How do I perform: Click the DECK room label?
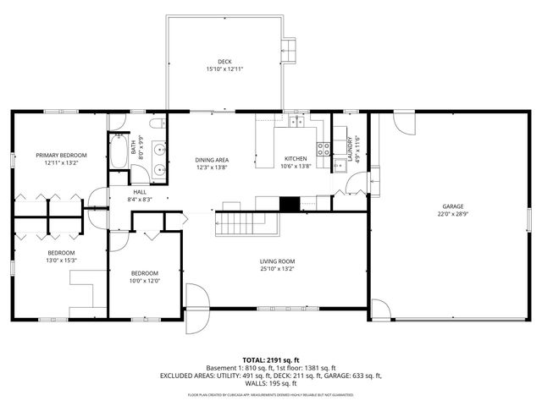(x=224, y=61)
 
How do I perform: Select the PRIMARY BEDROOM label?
(x=61, y=155)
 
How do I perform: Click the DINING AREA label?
(x=213, y=159)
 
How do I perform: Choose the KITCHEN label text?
(x=296, y=159)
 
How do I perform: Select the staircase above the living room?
(x=238, y=223)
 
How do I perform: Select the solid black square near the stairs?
(x=290, y=204)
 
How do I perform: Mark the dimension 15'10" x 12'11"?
(x=224, y=69)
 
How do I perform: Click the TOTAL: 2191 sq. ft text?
(x=270, y=359)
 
